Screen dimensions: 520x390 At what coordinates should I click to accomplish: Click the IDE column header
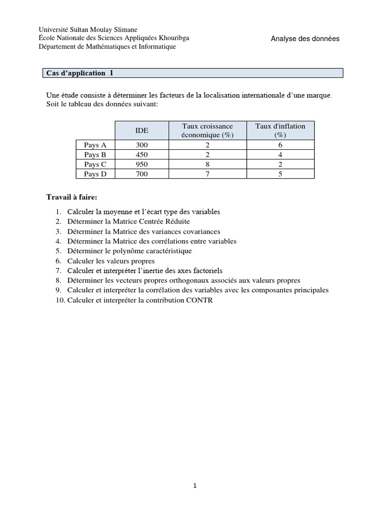142,131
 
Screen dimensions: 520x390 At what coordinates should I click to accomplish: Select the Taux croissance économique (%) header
207,131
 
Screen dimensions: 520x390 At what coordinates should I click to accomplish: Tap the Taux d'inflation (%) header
280,131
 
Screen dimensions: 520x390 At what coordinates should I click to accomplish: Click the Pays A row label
95,145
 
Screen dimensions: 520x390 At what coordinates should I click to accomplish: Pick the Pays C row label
95,165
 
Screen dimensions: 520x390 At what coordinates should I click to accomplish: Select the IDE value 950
142,165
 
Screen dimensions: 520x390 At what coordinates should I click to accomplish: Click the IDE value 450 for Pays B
142,155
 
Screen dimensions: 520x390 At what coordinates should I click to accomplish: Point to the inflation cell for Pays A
280,145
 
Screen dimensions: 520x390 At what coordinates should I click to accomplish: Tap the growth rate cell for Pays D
207,174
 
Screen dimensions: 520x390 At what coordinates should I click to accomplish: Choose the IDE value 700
142,174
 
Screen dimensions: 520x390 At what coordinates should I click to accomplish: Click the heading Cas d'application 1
80,73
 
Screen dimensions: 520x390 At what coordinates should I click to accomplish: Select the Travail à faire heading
71,197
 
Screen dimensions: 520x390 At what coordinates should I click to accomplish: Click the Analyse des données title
305,39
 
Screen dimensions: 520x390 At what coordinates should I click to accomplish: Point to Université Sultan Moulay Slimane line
88,30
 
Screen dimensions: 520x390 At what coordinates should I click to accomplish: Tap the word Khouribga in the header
173,38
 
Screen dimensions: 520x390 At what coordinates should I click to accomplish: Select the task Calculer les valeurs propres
111,261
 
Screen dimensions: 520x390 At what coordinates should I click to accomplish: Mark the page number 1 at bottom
195,485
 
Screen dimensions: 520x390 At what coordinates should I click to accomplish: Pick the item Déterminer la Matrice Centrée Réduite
128,221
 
